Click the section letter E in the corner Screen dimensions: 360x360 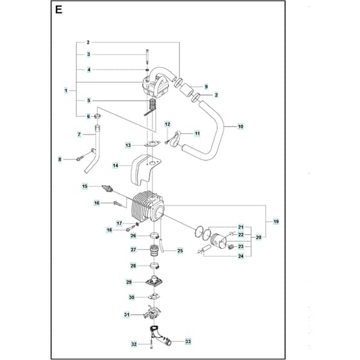click(59, 10)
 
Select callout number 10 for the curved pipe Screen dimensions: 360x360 click(240, 126)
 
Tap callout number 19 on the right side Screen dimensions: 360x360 click(276, 222)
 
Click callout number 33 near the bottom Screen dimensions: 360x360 click(188, 341)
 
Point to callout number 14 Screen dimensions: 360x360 click(116, 165)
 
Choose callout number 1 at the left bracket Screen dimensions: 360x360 click(66, 91)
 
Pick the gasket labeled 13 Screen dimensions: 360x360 click(152, 145)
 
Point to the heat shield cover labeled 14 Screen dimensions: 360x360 click(145, 168)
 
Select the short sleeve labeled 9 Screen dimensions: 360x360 click(186, 89)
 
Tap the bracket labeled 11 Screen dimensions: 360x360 click(176, 139)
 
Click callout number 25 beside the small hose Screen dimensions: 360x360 click(180, 251)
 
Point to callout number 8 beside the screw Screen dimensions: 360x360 click(60, 159)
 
